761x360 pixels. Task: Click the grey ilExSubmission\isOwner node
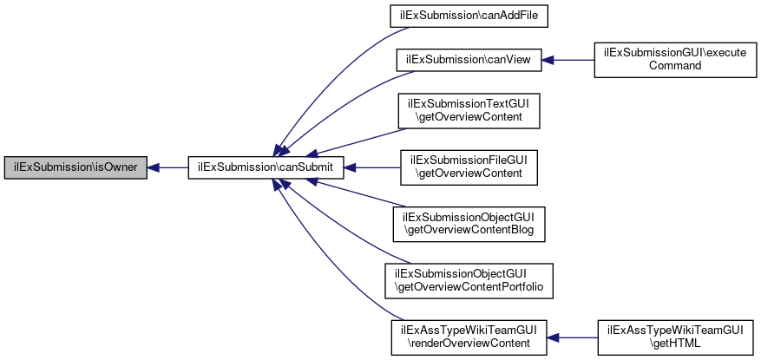pyautogui.click(x=75, y=167)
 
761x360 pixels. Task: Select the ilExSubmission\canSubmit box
pyautogui.click(x=267, y=167)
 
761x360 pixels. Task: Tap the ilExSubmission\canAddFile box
pyautogui.click(x=469, y=16)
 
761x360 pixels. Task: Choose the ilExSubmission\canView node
pyautogui.click(x=469, y=59)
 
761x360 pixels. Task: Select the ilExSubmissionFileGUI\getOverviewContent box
pyautogui.click(x=469, y=167)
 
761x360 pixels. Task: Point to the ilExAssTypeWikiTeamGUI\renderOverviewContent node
pyautogui.click(x=469, y=336)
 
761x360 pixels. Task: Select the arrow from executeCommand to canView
pyautogui.click(x=567, y=59)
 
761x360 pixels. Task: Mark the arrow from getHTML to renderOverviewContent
pyautogui.click(x=573, y=336)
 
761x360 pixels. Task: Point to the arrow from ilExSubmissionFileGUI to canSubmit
pyautogui.click(x=372, y=167)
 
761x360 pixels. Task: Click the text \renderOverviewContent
pyautogui.click(x=469, y=343)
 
